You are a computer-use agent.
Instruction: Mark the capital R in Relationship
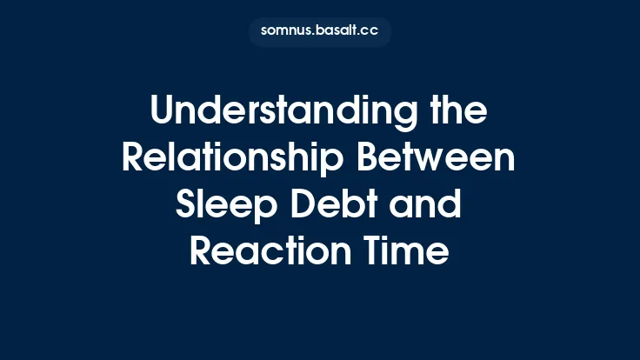point(134,159)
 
